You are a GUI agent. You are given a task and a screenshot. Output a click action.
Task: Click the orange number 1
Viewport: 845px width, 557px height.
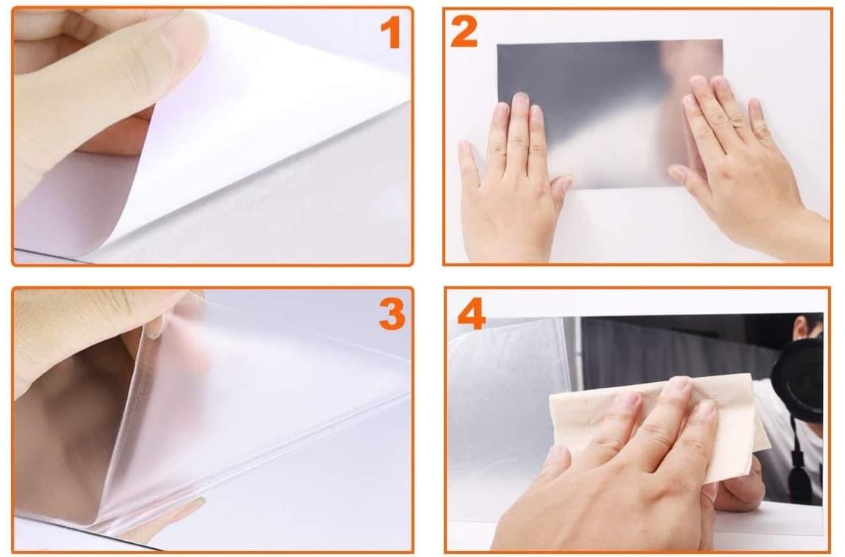click(391, 32)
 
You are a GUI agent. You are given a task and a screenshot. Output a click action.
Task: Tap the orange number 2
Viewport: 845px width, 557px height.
click(464, 32)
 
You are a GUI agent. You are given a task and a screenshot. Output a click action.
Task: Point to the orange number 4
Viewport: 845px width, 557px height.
click(472, 314)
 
